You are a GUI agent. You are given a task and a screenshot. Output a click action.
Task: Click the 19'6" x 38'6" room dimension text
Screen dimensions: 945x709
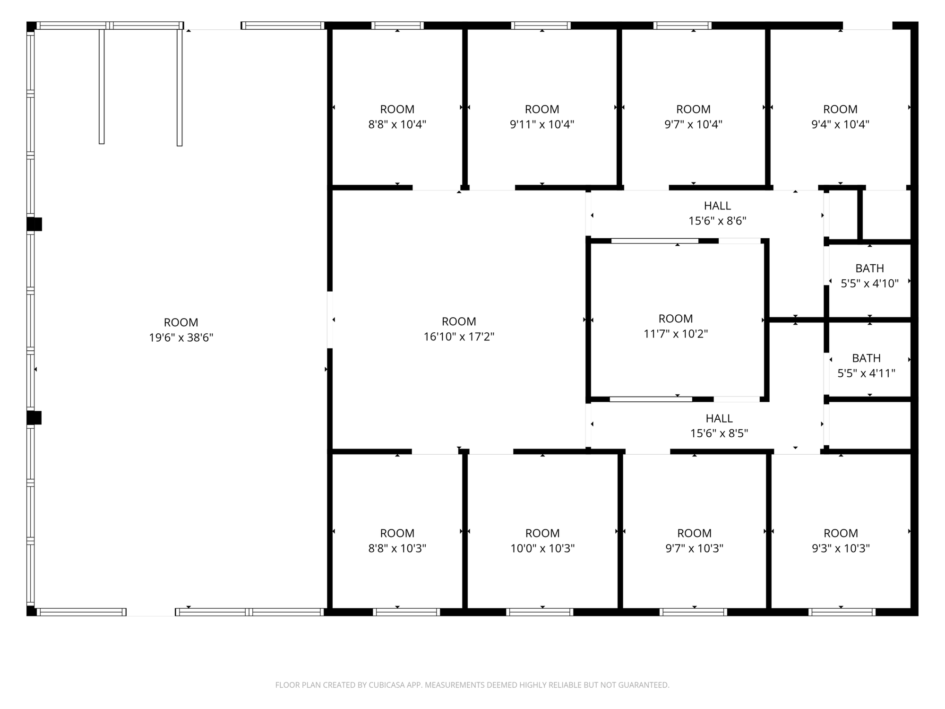point(181,337)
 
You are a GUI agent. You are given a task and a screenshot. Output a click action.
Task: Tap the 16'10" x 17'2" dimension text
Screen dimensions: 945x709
point(459,337)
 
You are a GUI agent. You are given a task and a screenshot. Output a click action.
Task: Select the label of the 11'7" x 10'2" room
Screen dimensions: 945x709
point(676,326)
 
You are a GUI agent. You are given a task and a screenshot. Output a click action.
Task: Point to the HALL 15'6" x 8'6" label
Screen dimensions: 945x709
point(717,213)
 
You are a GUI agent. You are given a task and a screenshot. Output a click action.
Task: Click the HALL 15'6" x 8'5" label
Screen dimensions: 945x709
point(719,426)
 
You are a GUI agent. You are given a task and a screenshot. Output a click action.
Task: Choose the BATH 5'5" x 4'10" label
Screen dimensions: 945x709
point(869,276)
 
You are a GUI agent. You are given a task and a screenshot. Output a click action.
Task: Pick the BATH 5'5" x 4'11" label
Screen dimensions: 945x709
point(867,365)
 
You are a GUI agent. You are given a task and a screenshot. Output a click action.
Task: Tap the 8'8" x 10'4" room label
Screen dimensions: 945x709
point(397,117)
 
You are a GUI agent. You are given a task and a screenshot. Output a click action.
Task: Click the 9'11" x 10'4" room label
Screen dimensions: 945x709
point(542,117)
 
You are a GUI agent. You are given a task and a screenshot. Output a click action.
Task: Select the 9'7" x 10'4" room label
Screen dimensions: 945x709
point(694,117)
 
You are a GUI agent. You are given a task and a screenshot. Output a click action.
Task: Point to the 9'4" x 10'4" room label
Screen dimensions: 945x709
point(840,117)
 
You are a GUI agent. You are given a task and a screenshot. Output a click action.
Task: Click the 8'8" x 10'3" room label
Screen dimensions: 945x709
point(397,541)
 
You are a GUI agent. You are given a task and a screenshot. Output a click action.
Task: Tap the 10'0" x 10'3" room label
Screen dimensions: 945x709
point(542,541)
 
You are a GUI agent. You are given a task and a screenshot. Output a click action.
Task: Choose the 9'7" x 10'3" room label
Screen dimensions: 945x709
point(695,541)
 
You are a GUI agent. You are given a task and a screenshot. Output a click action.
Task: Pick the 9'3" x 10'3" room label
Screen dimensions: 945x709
point(841,541)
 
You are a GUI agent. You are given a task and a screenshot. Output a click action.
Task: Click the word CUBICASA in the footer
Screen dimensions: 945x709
point(388,685)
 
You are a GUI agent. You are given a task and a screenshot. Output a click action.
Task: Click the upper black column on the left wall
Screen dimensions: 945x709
point(34,224)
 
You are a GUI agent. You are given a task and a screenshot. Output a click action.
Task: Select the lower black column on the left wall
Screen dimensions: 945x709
point(34,418)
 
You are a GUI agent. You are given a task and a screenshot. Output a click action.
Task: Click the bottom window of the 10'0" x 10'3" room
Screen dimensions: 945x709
point(540,612)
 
